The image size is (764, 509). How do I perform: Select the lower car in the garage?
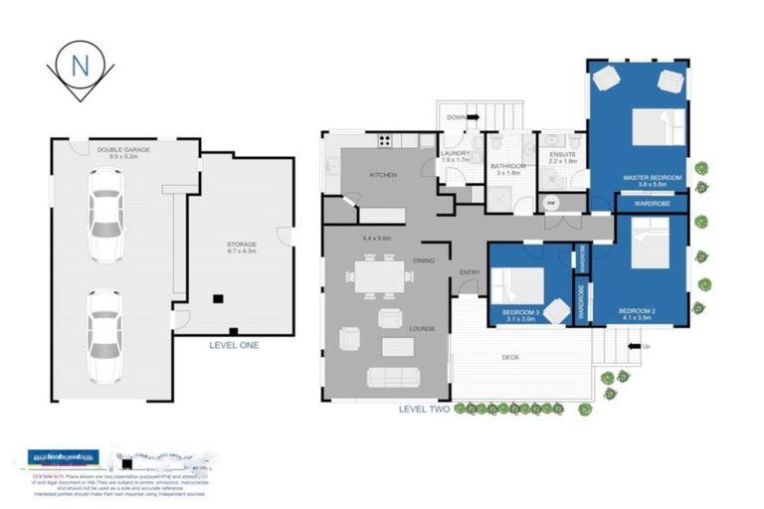click(x=104, y=334)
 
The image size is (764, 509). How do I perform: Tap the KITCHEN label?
click(x=384, y=175)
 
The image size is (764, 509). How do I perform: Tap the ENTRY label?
click(x=470, y=272)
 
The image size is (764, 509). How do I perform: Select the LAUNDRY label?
click(x=456, y=155)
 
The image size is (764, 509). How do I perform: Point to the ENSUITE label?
click(x=562, y=155)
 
